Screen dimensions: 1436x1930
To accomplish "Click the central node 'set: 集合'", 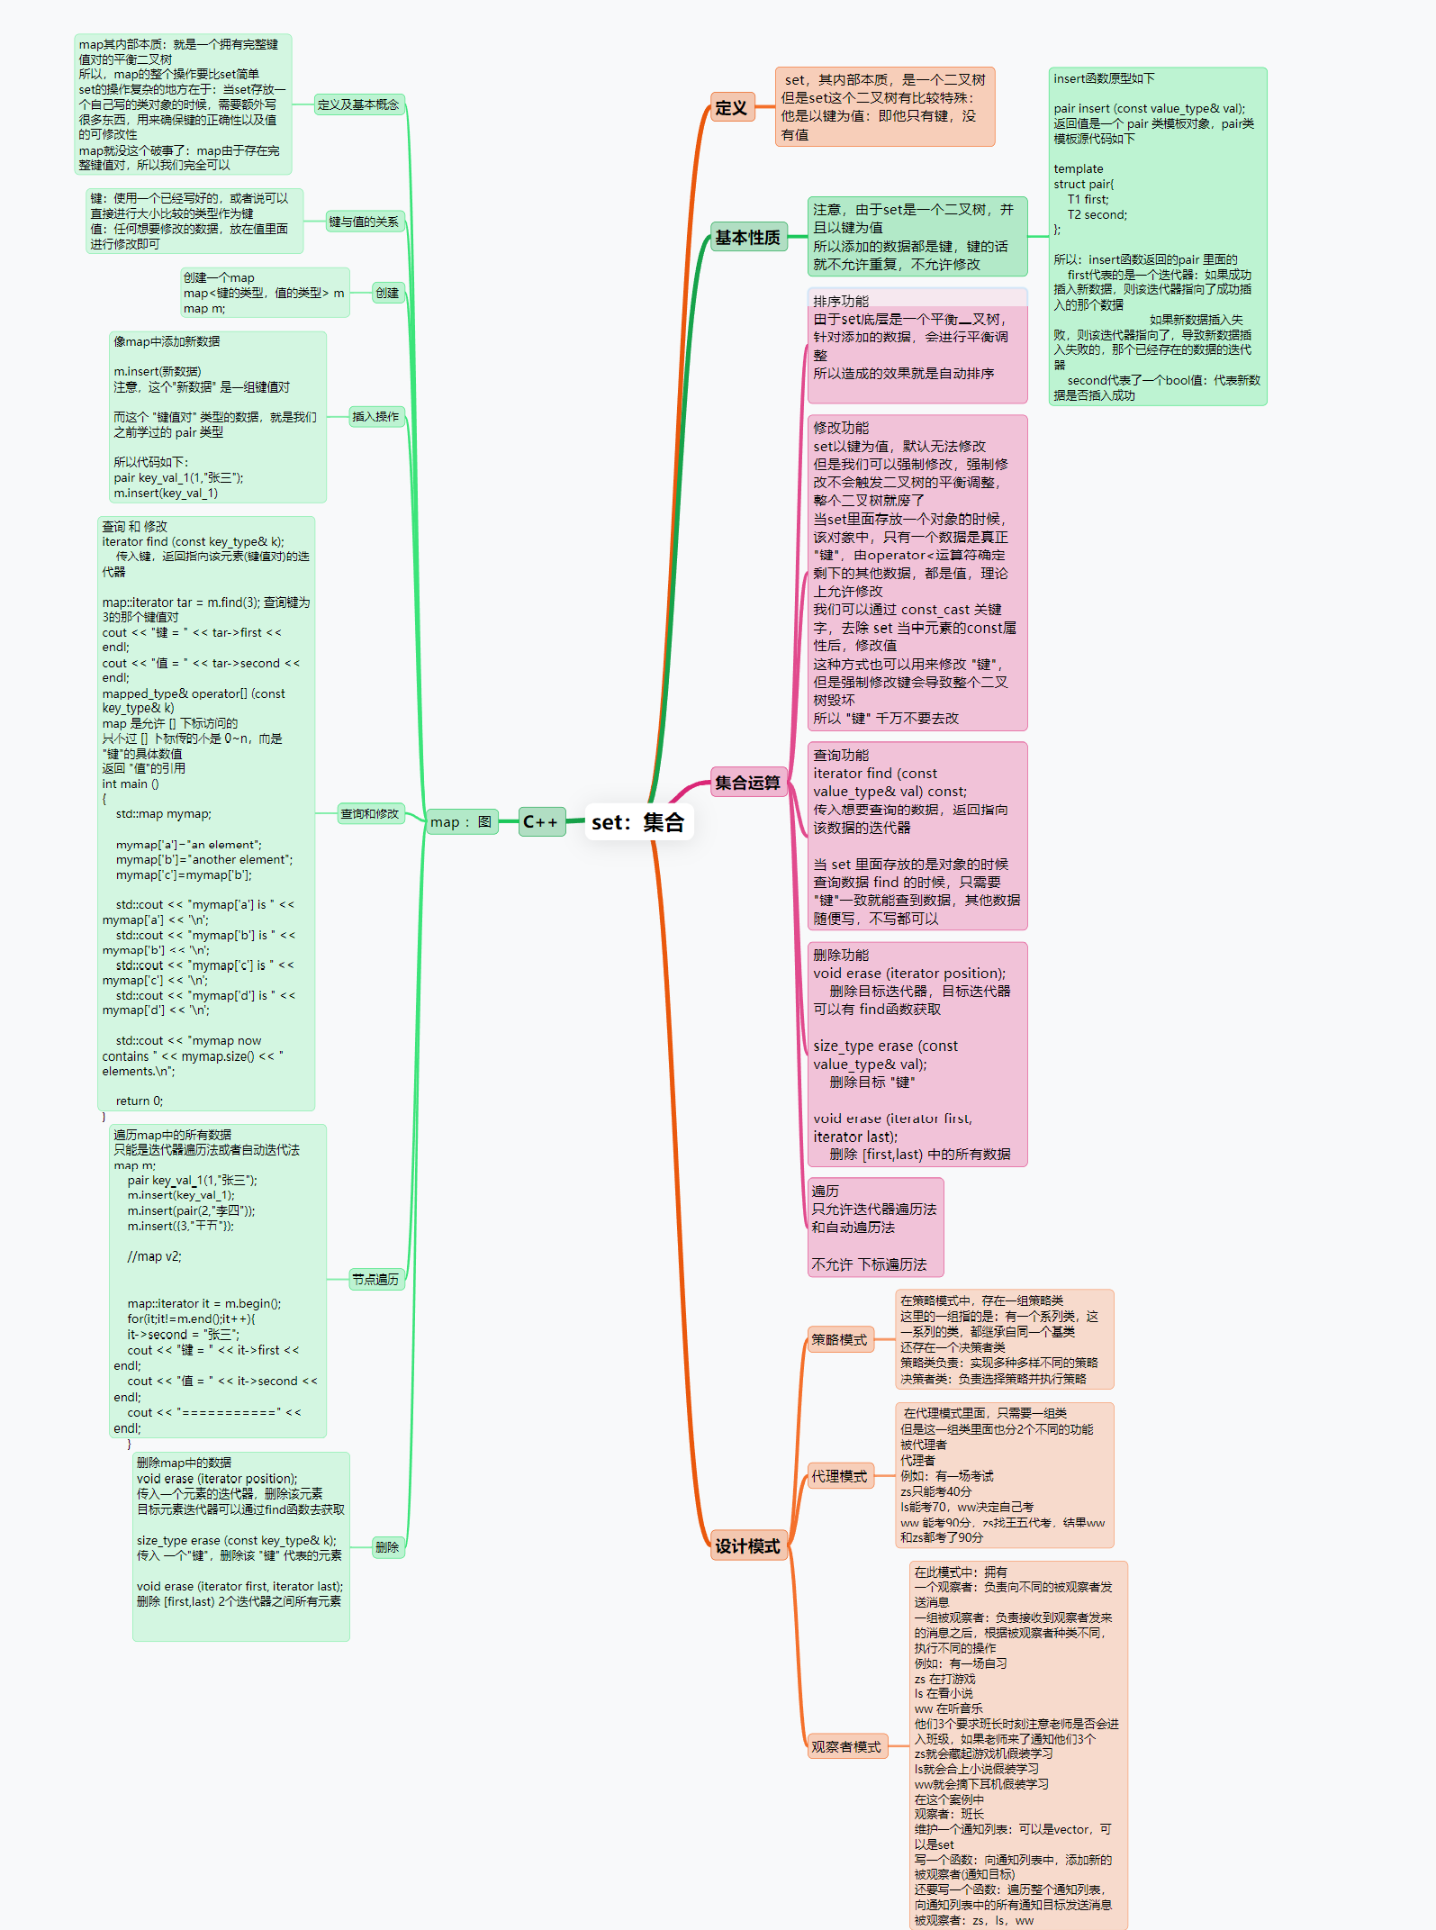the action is (x=637, y=822).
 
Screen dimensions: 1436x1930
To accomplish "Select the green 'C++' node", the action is (x=541, y=822).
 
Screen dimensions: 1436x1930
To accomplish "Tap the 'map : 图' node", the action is (x=461, y=822).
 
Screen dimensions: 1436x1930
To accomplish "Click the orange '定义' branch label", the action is (x=731, y=108).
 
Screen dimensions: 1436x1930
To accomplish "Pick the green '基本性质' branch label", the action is (x=747, y=238).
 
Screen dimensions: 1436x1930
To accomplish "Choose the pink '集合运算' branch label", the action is (x=747, y=783).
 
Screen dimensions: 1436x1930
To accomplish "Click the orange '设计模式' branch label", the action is (x=747, y=1545).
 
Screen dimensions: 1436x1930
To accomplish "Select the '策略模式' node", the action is (x=839, y=1339).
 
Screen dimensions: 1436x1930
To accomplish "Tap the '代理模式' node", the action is (x=839, y=1476).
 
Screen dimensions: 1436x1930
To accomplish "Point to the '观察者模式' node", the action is (x=846, y=1746).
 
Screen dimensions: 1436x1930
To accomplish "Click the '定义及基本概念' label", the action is (x=358, y=104).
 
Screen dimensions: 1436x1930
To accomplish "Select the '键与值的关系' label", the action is (x=364, y=222).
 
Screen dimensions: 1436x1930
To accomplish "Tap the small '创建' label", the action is (x=387, y=293).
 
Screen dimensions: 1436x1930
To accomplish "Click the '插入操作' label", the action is (x=375, y=416).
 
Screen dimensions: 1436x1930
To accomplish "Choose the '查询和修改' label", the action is (x=369, y=813).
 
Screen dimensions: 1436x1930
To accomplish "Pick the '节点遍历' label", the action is (x=375, y=1279).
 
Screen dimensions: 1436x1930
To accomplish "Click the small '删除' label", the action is (x=387, y=1547).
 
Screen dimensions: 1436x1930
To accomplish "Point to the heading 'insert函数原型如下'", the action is (x=1104, y=79).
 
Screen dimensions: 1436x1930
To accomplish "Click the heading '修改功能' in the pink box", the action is (x=841, y=428).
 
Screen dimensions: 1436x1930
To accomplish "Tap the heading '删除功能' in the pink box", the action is (x=841, y=955).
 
